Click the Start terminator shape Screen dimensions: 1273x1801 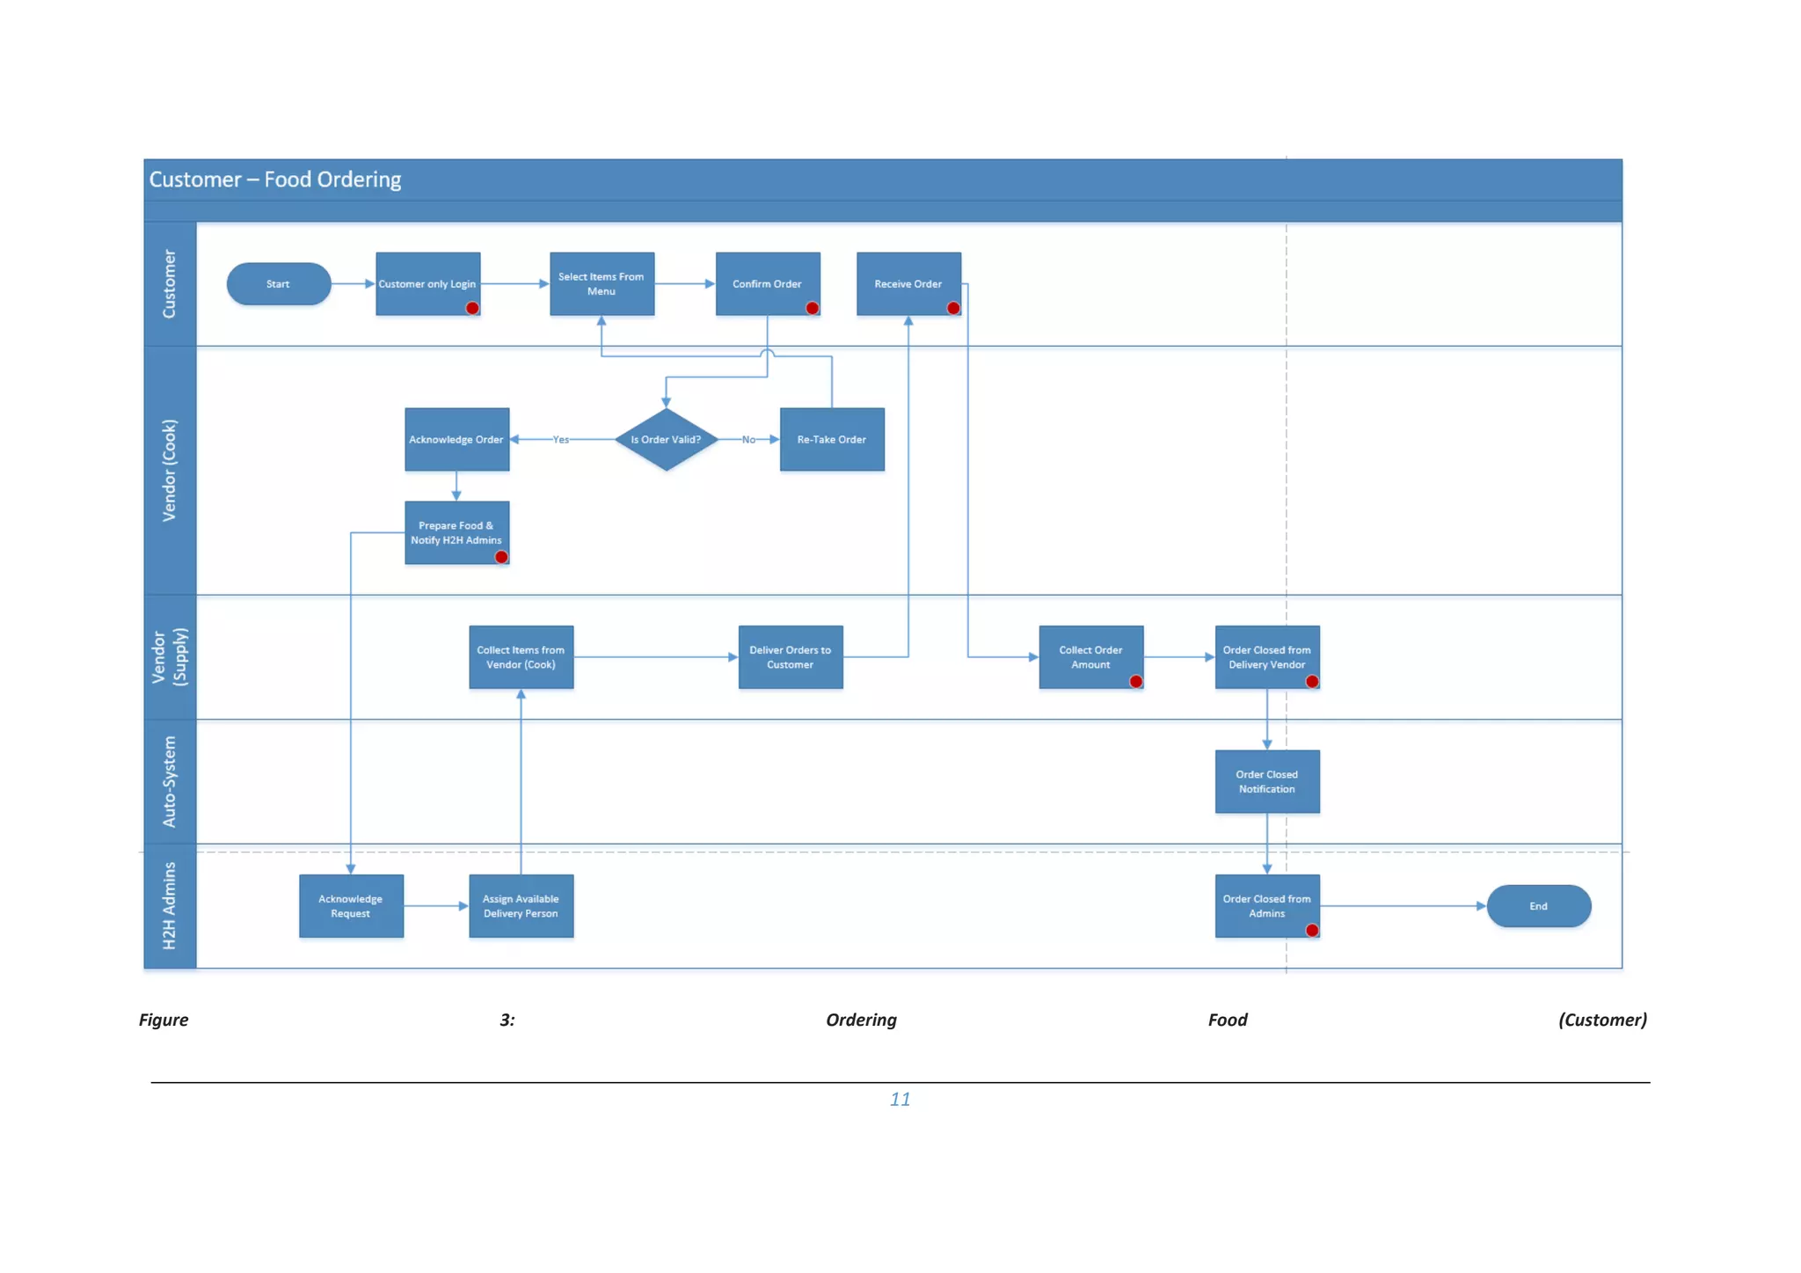tap(278, 284)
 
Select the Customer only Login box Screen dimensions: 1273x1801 tap(427, 283)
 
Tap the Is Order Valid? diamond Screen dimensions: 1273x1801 tap(666, 439)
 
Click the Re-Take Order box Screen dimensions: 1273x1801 tap(831, 439)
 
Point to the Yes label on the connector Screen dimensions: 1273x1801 tap(560, 439)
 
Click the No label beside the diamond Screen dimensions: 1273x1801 tap(748, 439)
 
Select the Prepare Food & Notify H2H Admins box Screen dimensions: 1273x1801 tap(456, 532)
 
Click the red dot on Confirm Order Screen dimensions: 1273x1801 tap(813, 308)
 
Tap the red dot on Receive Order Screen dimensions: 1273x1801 tap(953, 308)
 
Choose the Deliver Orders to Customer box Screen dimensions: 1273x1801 tap(790, 657)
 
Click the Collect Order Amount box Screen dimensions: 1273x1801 tap(1090, 657)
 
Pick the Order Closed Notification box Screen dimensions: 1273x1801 tap(1266, 781)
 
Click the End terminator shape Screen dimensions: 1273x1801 tap(1538, 906)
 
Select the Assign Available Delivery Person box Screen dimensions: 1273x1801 tap(521, 906)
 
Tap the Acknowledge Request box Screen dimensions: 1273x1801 tap(351, 906)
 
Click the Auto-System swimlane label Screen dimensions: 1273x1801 tap(169, 781)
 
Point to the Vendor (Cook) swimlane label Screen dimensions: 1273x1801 tap(169, 470)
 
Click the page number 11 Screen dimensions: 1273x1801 tap(900, 1099)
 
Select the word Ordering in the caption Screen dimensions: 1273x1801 tap(861, 1020)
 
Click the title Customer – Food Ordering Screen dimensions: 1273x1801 tap(275, 179)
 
